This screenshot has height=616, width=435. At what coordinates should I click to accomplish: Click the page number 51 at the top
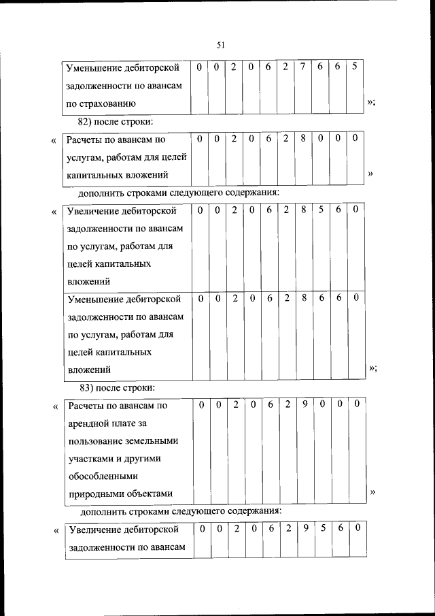pyautogui.click(x=220, y=45)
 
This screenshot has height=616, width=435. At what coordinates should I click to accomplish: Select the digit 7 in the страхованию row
pyautogui.click(x=302, y=67)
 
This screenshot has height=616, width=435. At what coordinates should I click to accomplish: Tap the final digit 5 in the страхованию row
pyautogui.click(x=355, y=67)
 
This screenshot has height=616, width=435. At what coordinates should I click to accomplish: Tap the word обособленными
pyautogui.click(x=103, y=476)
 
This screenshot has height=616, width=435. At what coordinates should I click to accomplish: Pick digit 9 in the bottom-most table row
pyautogui.click(x=305, y=528)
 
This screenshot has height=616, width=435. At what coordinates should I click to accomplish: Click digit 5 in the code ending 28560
pyautogui.click(x=320, y=210)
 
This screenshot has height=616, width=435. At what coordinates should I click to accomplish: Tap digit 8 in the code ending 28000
pyautogui.click(x=302, y=138)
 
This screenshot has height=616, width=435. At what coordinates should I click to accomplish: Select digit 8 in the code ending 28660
pyautogui.click(x=303, y=298)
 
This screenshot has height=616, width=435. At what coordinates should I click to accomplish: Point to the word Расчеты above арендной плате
pyautogui.click(x=88, y=406)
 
